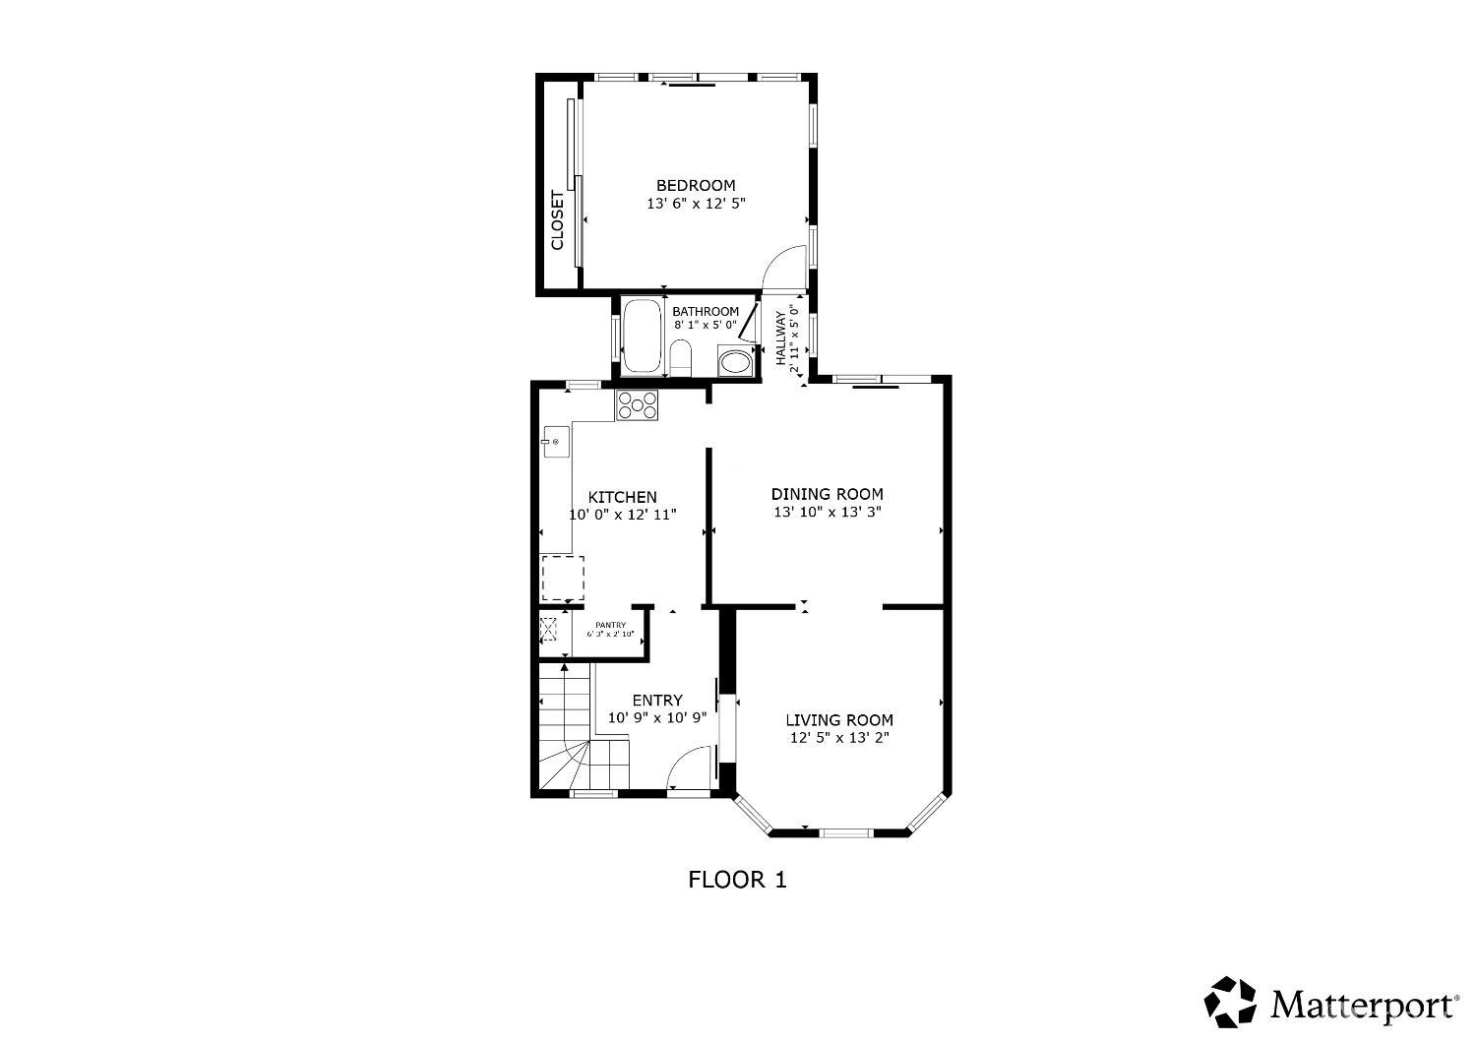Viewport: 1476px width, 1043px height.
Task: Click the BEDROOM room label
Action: tap(696, 185)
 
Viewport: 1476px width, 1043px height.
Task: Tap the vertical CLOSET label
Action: tap(557, 219)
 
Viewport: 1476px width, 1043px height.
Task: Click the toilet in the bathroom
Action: tap(680, 357)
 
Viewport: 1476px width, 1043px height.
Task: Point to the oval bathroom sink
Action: tap(734, 362)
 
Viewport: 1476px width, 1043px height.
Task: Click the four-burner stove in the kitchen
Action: tap(637, 405)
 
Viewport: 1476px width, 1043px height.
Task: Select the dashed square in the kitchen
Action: tap(563, 578)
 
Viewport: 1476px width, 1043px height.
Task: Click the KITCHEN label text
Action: tap(622, 497)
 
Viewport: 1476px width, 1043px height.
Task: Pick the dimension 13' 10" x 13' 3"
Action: tap(827, 513)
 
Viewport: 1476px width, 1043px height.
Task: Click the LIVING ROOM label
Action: tap(839, 719)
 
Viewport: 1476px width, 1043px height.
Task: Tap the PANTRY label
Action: tap(610, 625)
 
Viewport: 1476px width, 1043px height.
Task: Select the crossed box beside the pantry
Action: tap(548, 630)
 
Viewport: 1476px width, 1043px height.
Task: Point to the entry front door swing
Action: tap(690, 767)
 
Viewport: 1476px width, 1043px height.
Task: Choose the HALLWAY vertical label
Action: tap(781, 337)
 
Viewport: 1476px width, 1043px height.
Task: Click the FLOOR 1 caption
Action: tap(737, 880)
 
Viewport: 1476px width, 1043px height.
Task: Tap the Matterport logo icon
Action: tap(1231, 1002)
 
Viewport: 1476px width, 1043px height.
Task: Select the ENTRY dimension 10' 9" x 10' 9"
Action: tap(657, 718)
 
